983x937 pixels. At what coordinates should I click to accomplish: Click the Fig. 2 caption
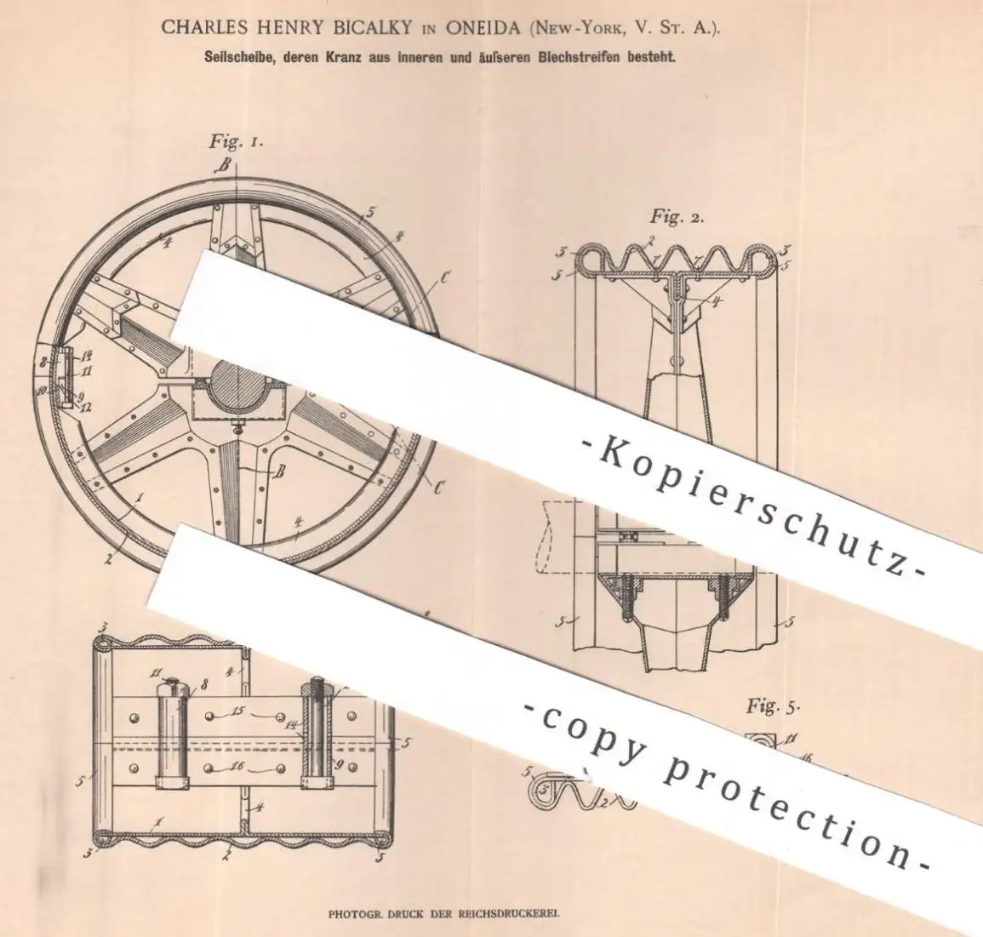677,217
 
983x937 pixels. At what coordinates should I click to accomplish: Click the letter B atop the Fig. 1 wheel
226,165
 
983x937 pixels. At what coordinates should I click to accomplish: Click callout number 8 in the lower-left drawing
205,685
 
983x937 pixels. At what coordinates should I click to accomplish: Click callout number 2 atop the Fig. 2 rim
651,239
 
